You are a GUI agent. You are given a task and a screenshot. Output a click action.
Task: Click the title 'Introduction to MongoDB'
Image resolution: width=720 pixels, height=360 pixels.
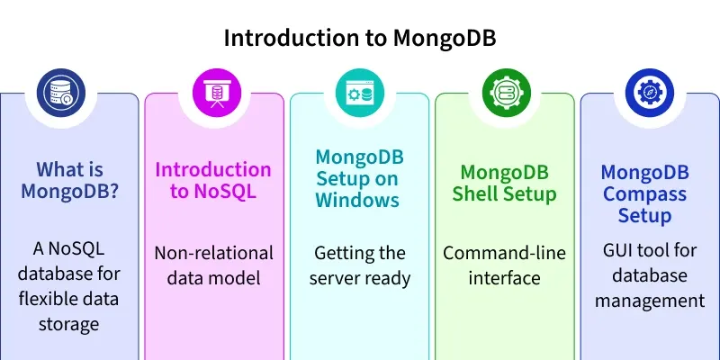[x=359, y=39]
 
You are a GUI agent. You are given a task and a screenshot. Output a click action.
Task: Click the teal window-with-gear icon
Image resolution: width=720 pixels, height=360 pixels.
[x=359, y=93]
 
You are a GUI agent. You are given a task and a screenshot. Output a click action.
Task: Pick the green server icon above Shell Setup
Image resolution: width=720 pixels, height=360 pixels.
[x=504, y=93]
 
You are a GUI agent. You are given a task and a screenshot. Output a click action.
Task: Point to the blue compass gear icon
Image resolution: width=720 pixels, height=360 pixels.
[x=649, y=93]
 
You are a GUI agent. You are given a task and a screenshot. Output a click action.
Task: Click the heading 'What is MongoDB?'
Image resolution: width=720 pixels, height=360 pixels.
[x=69, y=181]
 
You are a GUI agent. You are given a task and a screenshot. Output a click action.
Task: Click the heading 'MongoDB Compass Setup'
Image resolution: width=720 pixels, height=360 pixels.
[x=643, y=193]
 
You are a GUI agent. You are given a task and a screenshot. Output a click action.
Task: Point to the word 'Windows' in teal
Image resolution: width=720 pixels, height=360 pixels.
[x=357, y=200]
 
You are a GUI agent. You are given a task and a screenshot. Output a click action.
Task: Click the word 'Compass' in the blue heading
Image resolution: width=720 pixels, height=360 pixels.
[x=643, y=193]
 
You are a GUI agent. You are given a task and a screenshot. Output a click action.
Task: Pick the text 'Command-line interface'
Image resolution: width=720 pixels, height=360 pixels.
[x=504, y=265]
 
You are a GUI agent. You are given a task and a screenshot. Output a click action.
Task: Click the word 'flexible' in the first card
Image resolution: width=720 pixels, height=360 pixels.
[x=48, y=299]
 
